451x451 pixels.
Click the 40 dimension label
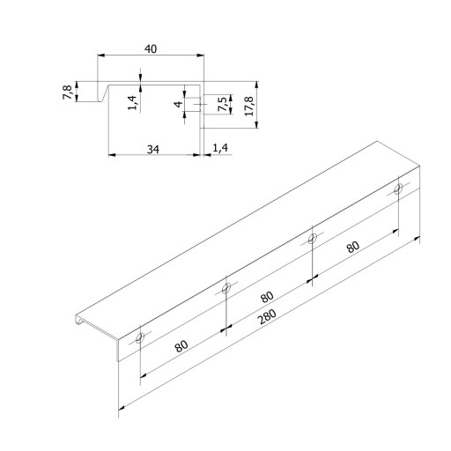click(151, 48)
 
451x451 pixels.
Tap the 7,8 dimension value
click(67, 92)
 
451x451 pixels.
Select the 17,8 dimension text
click(249, 106)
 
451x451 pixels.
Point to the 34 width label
click(153, 150)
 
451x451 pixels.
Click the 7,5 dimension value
click(223, 104)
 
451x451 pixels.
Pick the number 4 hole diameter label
click(179, 104)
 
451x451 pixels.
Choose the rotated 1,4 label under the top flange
click(132, 102)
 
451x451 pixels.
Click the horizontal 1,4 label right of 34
click(220, 148)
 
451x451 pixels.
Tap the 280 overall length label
click(267, 316)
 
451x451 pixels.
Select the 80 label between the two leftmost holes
click(181, 346)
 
